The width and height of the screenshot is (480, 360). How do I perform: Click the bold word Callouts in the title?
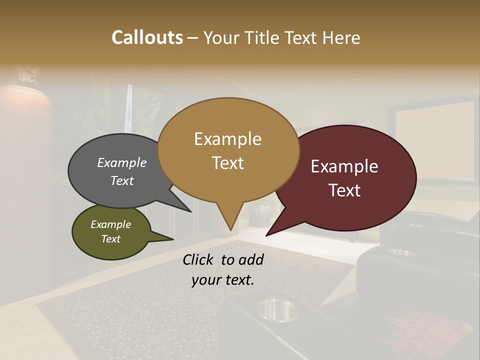click(147, 37)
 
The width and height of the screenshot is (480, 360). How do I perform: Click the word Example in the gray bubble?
click(122, 162)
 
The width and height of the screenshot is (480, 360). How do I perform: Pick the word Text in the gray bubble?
click(122, 180)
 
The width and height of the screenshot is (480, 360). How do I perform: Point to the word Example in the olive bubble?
click(110, 224)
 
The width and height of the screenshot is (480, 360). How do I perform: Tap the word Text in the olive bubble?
click(110, 239)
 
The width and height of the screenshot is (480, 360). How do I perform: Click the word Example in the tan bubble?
click(227, 139)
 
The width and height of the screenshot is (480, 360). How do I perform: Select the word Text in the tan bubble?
click(227, 163)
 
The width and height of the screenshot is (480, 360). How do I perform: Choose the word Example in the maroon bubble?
click(344, 166)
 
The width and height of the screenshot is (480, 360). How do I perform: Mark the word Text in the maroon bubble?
click(344, 190)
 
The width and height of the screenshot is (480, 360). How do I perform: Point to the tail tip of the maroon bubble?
click(266, 235)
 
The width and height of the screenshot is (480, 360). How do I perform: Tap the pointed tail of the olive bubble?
click(173, 239)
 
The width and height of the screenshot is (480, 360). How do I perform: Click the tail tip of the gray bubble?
click(191, 211)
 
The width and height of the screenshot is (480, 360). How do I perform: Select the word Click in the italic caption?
click(200, 259)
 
